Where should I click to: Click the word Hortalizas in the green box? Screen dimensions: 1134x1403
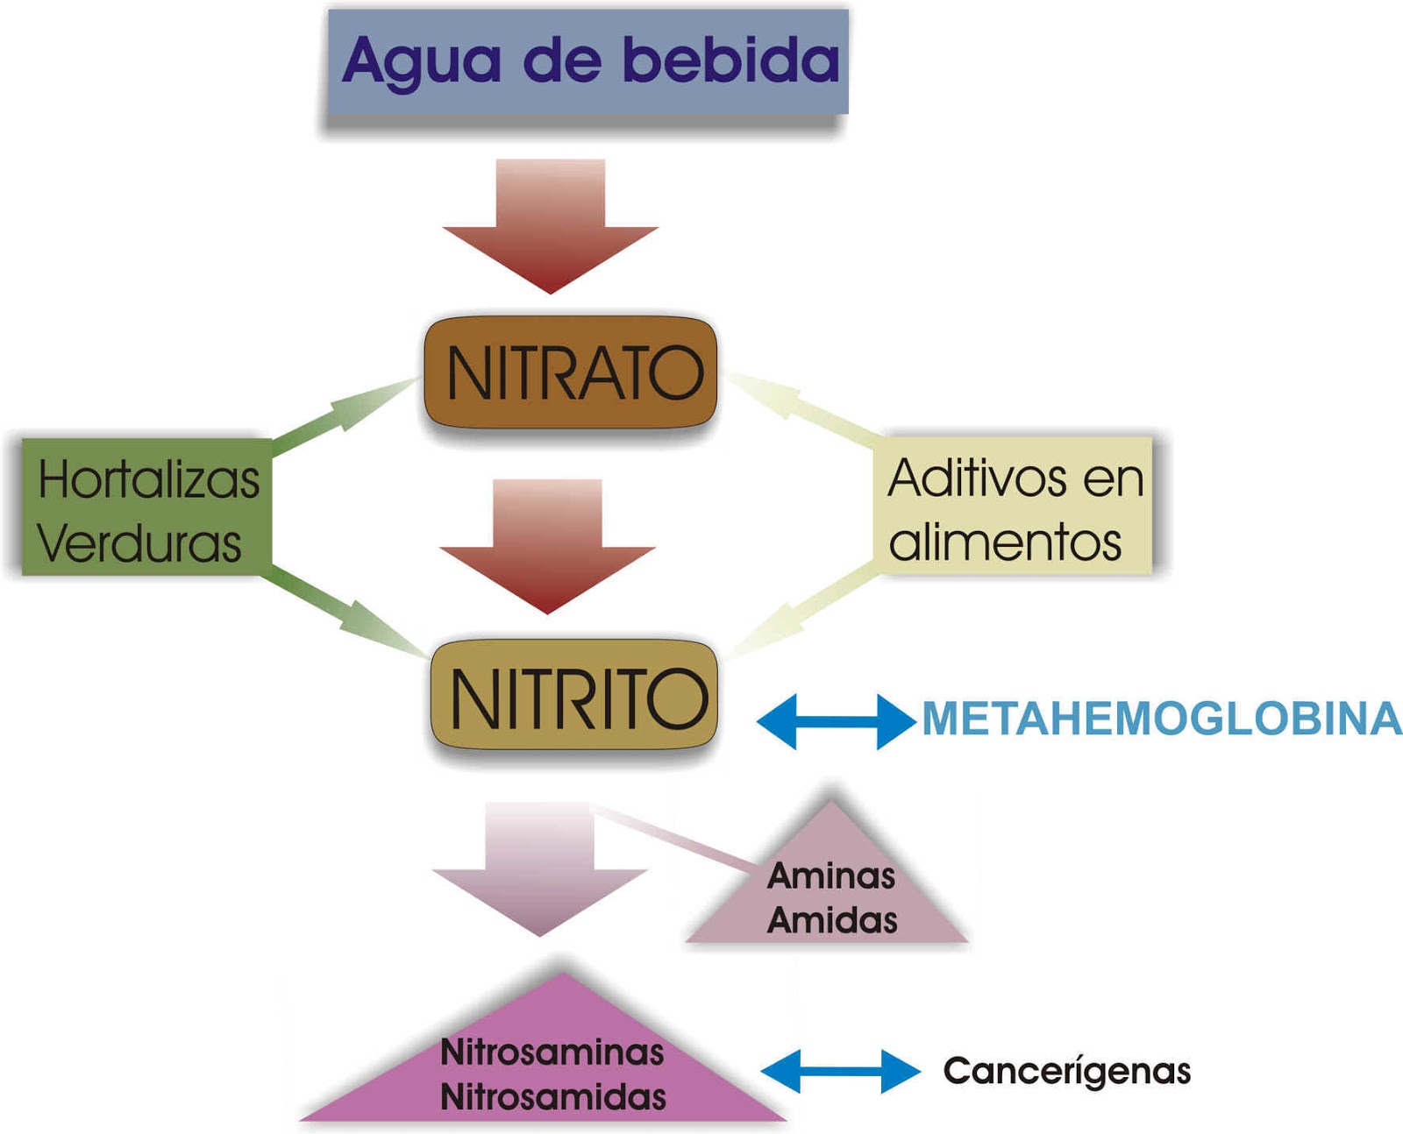tap(149, 479)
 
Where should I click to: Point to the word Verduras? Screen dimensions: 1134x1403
tap(139, 543)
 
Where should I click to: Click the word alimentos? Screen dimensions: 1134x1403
tap(1005, 542)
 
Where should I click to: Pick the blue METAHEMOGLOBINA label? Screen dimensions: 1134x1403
tap(1161, 719)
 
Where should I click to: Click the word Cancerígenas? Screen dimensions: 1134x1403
tap(1066, 1071)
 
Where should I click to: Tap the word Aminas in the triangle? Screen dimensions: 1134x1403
tap(831, 875)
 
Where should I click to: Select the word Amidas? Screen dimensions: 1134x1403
tap(832, 920)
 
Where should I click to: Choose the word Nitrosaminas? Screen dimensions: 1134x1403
tap(552, 1052)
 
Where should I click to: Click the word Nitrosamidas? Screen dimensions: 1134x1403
tap(552, 1097)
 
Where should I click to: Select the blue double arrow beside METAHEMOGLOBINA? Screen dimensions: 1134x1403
tap(835, 721)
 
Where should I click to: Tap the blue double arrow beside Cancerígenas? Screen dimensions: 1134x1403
tap(840, 1071)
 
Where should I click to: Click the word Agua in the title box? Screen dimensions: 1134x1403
tap(422, 61)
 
